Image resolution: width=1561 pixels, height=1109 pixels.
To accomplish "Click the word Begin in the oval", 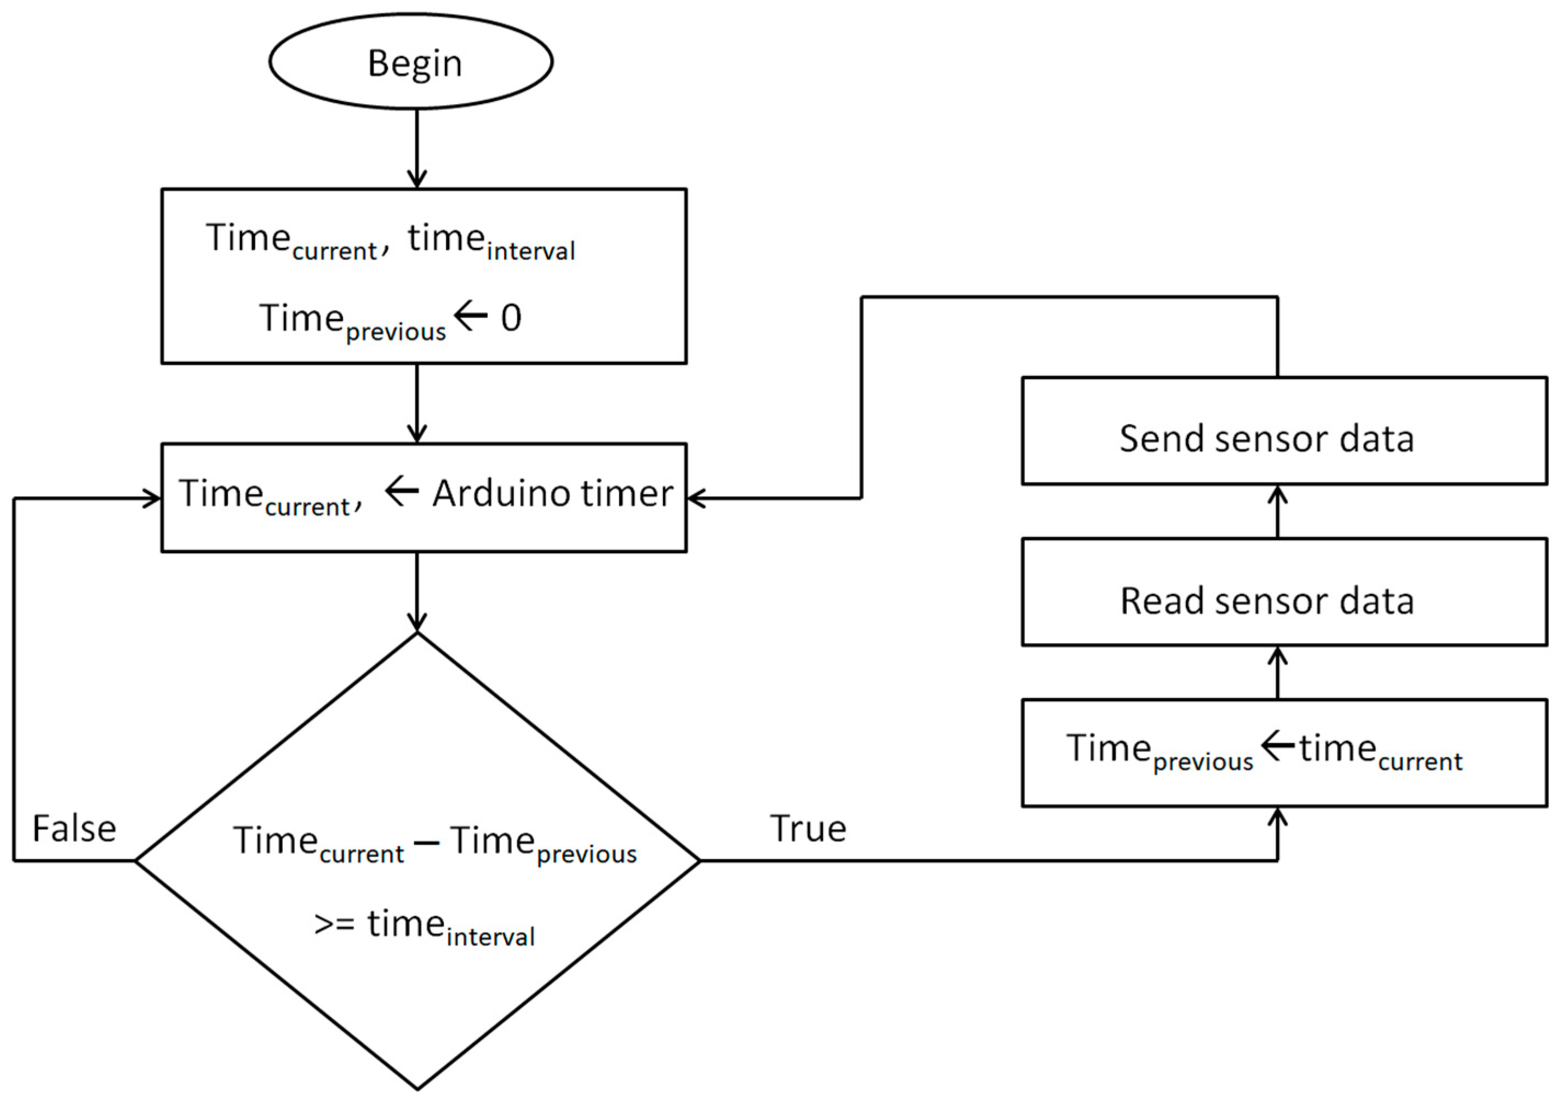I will pyautogui.click(x=415, y=64).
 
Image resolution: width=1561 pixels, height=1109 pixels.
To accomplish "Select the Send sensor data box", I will pyautogui.click(x=1284, y=431).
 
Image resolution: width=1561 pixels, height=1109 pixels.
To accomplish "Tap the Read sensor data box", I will pyautogui.click(x=1284, y=592).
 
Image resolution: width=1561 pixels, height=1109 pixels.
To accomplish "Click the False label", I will pyautogui.click(x=75, y=829).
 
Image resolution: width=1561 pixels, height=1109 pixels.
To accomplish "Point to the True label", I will pyautogui.click(x=808, y=829).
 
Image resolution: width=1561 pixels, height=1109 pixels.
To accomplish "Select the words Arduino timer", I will pyautogui.click(x=552, y=493).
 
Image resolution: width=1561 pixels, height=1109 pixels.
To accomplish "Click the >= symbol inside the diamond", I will pyautogui.click(x=334, y=924).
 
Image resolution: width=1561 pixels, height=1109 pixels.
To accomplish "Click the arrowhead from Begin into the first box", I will pyautogui.click(x=417, y=180).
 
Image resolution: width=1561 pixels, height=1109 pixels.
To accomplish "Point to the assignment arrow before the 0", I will pyautogui.click(x=471, y=316).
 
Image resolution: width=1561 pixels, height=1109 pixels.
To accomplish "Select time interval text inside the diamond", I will pyautogui.click(x=451, y=927).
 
